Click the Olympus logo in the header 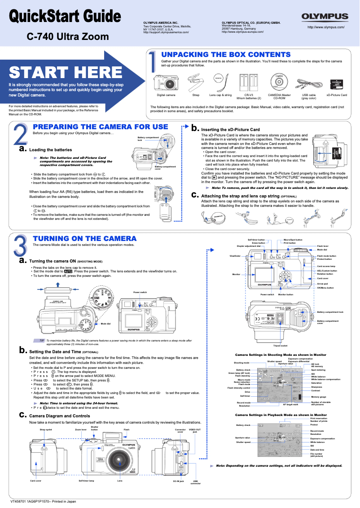[x=325, y=17]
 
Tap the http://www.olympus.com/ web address [x=325, y=27]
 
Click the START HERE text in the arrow [x=66, y=72]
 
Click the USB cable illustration [x=308, y=83]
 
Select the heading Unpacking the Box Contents [x=226, y=54]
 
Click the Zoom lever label [x=81, y=429]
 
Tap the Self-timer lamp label [x=86, y=481]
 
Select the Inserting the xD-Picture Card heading [x=230, y=130]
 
